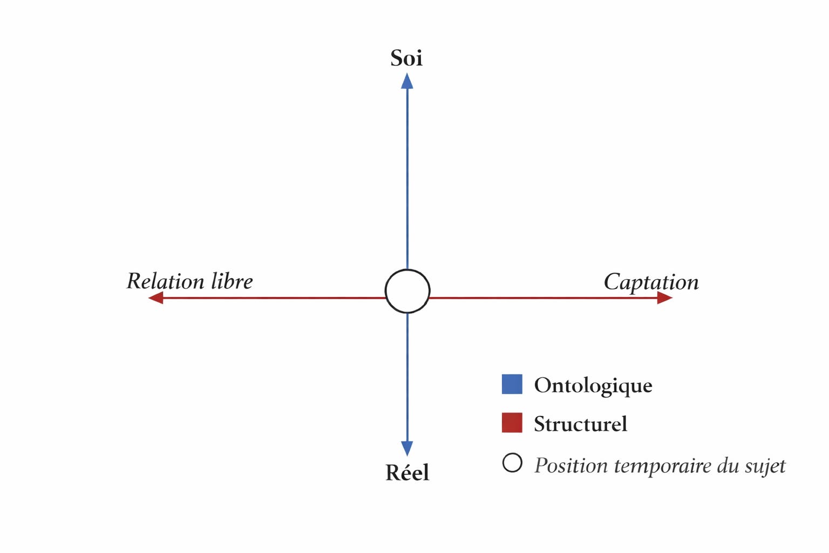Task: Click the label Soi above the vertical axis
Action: (406, 58)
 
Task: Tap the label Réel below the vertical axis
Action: (407, 473)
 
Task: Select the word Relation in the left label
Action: (165, 281)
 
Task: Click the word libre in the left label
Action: (232, 281)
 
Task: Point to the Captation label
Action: (651, 282)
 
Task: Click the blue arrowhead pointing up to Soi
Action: (407, 81)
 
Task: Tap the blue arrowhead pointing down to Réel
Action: (407, 448)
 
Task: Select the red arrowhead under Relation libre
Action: (155, 298)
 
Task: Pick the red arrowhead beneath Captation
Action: (664, 298)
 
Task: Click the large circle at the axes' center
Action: (407, 291)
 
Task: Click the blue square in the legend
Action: (512, 384)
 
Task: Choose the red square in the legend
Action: (512, 423)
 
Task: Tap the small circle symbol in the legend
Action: (512, 463)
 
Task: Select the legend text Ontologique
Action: (593, 386)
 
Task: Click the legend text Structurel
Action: (580, 424)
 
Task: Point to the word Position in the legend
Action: (571, 466)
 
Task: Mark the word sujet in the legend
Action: (765, 466)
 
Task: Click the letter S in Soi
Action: (397, 58)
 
